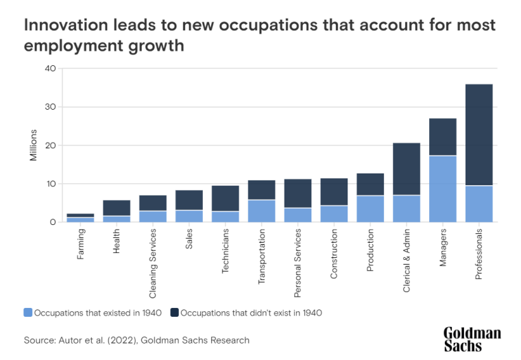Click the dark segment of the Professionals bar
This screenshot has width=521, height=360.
point(479,134)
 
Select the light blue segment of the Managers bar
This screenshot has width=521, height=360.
point(443,189)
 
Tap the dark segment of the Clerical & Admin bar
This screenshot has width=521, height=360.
point(407,169)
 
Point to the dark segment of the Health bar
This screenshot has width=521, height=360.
point(117,208)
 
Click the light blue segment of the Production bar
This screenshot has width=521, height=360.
point(370,208)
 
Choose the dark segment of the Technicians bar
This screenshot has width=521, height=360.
point(226,198)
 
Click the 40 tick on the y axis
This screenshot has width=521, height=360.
point(50,69)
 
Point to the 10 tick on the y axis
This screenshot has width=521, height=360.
point(50,184)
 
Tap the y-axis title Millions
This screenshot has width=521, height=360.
point(32,145)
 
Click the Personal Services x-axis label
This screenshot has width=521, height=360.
point(298,263)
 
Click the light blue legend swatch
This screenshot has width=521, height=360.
point(27,313)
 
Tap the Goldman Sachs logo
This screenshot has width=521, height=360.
point(472,339)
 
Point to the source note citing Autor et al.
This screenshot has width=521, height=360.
point(136,340)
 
